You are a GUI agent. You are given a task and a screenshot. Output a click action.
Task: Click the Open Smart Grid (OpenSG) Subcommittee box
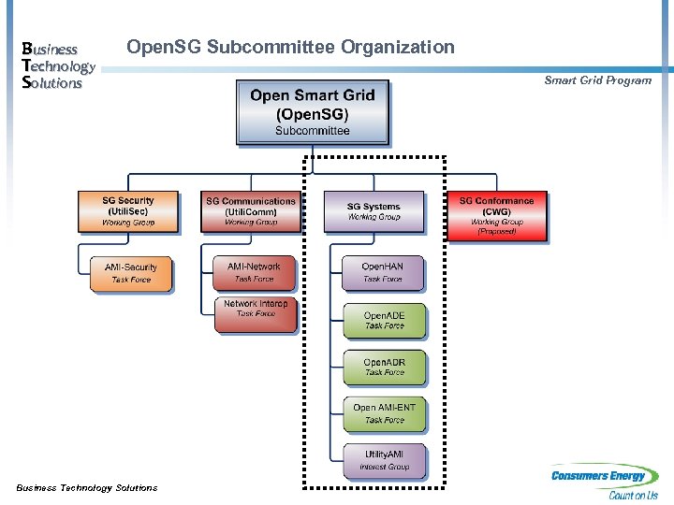[x=312, y=112]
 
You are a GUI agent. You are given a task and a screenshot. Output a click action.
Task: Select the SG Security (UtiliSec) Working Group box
[x=128, y=212]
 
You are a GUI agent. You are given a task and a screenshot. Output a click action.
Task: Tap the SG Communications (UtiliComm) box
[x=250, y=212]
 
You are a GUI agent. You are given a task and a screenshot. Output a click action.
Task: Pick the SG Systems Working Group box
[x=374, y=212]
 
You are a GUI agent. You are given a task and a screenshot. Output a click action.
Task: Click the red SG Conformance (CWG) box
[x=496, y=215]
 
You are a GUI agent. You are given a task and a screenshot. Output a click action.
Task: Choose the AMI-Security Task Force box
[x=131, y=273]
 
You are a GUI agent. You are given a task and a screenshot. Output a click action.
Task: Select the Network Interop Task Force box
[x=256, y=314]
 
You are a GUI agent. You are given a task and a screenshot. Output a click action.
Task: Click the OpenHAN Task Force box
[x=382, y=272]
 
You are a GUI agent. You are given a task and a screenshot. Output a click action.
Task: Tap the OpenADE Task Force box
[x=384, y=321]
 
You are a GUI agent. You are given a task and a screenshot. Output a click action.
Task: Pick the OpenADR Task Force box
[x=384, y=367]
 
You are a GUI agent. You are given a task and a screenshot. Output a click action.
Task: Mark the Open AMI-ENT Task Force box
[x=384, y=413]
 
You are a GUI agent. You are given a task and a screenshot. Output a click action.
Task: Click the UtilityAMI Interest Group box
[x=384, y=460]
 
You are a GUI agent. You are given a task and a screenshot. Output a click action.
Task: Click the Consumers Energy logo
[x=604, y=476]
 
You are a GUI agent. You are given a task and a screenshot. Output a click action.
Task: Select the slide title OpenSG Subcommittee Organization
[x=290, y=48]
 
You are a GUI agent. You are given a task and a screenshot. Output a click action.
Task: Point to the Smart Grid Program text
[x=597, y=80]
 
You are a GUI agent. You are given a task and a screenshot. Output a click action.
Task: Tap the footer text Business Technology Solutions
[x=87, y=487]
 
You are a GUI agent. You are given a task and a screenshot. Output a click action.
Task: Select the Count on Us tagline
[x=633, y=496]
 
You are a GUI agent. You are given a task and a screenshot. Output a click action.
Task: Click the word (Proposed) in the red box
[x=496, y=231]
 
